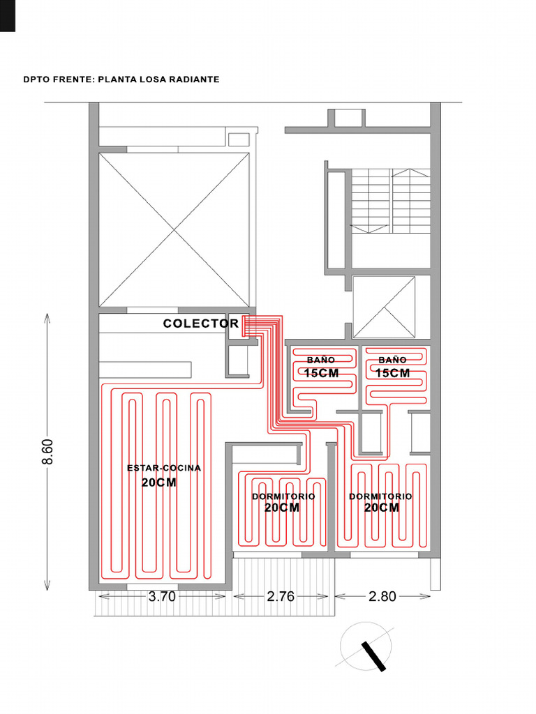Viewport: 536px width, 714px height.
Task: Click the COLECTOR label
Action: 200,324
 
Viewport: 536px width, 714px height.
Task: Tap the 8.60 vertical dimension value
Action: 47,452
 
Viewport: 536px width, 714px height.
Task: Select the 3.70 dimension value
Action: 162,596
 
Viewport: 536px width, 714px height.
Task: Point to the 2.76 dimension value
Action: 281,596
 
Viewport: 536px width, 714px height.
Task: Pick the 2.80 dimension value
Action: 382,596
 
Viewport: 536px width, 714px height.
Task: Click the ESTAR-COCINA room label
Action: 163,468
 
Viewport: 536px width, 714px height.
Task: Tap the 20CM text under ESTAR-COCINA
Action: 158,483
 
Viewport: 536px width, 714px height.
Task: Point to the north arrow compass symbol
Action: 366,646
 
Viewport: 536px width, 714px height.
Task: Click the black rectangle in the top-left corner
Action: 8,15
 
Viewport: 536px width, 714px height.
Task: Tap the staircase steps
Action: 391,201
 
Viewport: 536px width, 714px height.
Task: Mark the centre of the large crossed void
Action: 174,230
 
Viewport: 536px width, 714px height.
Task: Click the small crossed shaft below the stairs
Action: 385,307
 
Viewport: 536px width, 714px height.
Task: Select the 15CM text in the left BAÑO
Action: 321,373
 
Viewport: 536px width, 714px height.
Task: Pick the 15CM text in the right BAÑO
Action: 392,373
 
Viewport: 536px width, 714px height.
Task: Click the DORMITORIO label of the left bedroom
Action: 283,496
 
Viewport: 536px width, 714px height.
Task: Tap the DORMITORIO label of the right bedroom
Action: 380,496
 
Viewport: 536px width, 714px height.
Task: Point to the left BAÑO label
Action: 321,360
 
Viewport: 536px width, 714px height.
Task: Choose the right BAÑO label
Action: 392,360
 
